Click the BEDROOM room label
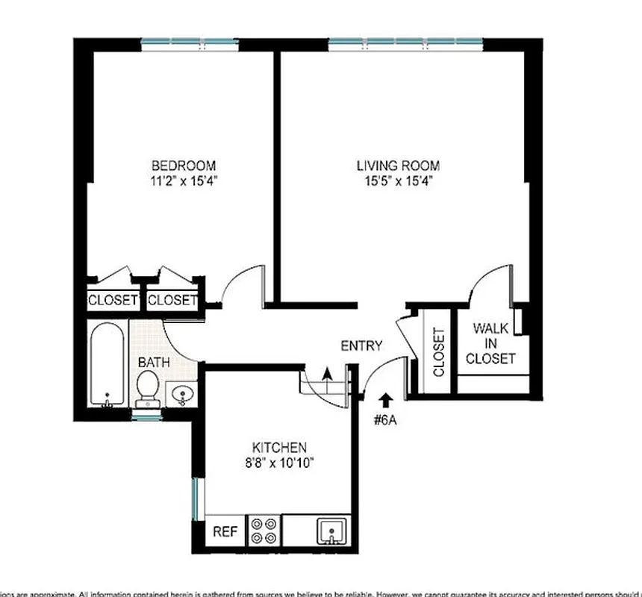184,165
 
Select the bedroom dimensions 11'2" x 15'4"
184,181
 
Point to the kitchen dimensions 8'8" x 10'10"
278,463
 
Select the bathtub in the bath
106,364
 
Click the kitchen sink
329,532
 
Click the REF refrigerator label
225,532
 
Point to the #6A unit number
384,419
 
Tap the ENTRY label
361,346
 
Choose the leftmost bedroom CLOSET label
113,301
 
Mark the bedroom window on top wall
185,41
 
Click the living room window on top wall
404,41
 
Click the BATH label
153,363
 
